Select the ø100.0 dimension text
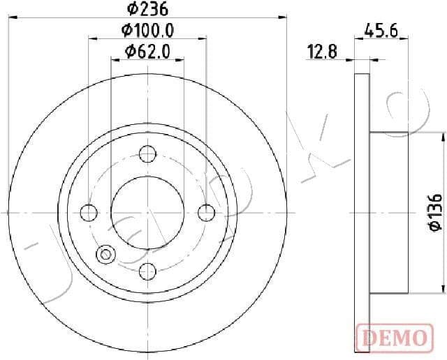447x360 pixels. pyautogui.click(x=147, y=31)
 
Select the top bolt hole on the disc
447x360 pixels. pyautogui.click(x=147, y=153)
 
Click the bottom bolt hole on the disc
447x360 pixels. pyautogui.click(x=147, y=271)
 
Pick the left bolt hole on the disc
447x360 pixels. pyautogui.click(x=89, y=212)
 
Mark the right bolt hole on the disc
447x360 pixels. pyautogui.click(x=206, y=212)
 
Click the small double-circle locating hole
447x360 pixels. pyautogui.click(x=106, y=254)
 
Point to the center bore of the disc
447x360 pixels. pyautogui.click(x=147, y=212)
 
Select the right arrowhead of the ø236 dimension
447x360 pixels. pyautogui.click(x=284, y=17)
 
